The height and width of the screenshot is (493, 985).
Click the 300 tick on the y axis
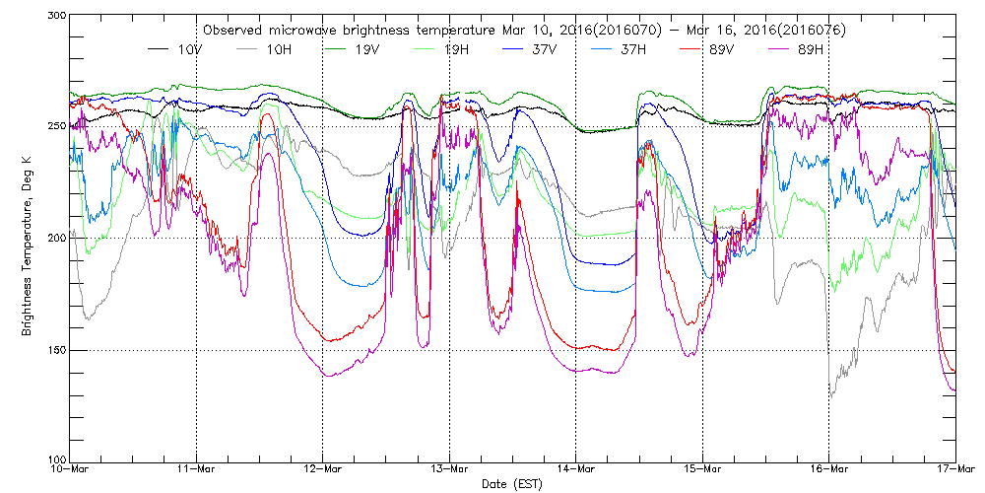point(55,17)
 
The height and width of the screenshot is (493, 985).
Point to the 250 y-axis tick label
point(55,126)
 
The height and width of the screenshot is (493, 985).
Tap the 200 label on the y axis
point(55,238)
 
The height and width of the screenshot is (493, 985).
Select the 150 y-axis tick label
point(55,350)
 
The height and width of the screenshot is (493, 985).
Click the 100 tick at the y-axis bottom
point(55,460)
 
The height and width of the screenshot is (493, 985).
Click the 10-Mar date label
point(70,470)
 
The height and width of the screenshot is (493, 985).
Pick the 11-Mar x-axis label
point(196,470)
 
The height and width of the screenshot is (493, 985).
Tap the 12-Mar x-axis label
point(323,470)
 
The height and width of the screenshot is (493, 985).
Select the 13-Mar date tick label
point(449,470)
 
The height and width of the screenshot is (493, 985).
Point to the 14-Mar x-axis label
point(576,470)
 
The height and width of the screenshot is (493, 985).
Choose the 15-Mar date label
point(702,470)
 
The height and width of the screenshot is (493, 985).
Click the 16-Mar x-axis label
point(829,470)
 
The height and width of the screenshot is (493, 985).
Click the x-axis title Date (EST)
point(512,484)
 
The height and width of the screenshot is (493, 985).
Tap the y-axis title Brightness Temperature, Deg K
point(27,238)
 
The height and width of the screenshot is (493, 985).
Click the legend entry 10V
point(188,48)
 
